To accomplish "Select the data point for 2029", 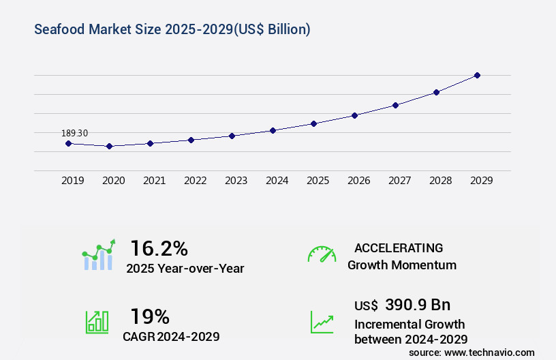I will pyautogui.click(x=477, y=75).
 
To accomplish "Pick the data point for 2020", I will pyautogui.click(x=109, y=146).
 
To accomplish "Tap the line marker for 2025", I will pyautogui.click(x=313, y=123).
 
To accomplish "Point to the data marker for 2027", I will pyautogui.click(x=395, y=105).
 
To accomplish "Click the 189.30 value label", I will pyautogui.click(x=74, y=133).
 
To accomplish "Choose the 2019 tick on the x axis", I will pyautogui.click(x=72, y=181).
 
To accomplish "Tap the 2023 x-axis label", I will pyautogui.click(x=236, y=181).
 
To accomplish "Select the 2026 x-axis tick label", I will pyautogui.click(x=358, y=181).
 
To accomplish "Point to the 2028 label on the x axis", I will pyautogui.click(x=440, y=181).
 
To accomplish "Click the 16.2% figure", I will pyautogui.click(x=159, y=248).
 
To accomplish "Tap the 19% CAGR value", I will pyautogui.click(x=150, y=316).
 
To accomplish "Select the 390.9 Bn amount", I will pyautogui.click(x=418, y=305).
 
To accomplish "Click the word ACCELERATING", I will pyautogui.click(x=399, y=248).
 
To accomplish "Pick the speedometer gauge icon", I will pyautogui.click(x=322, y=254).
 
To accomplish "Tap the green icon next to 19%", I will pyautogui.click(x=97, y=322).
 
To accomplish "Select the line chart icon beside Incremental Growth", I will pyautogui.click(x=322, y=322).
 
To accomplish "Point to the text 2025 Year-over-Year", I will pyautogui.click(x=185, y=269).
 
